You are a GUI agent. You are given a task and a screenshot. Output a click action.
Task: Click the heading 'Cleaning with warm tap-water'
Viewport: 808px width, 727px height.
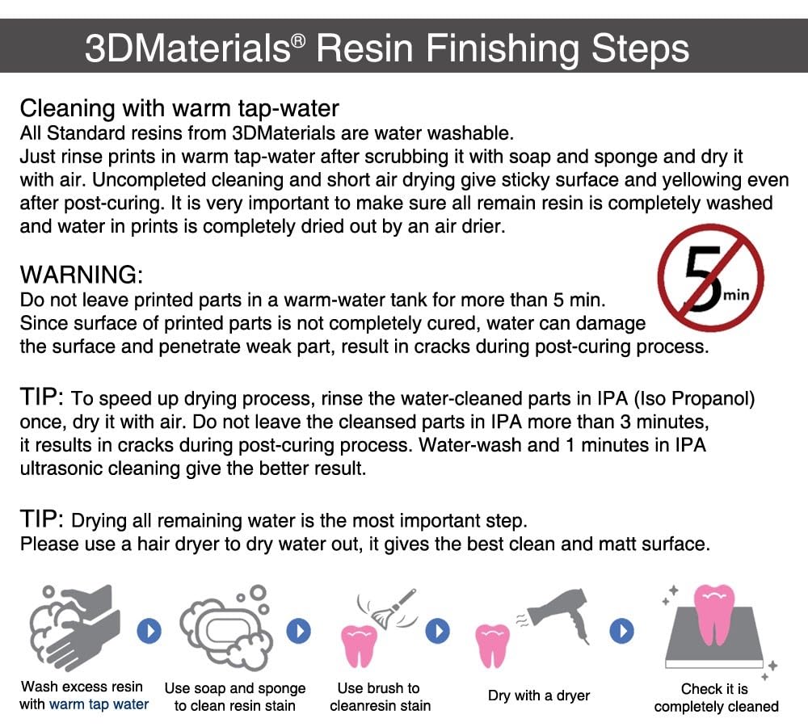coord(179,108)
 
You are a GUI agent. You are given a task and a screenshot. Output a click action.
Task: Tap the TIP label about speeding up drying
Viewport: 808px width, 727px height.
coord(41,397)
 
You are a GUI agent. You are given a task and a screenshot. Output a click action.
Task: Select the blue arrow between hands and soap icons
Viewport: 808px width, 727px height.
coord(149,630)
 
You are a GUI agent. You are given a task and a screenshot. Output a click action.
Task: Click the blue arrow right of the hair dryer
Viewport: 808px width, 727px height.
coord(621,630)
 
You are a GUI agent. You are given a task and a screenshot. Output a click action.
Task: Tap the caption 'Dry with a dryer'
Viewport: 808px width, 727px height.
coord(538,695)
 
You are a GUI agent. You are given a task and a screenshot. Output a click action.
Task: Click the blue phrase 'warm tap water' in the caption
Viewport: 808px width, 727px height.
coord(99,704)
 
